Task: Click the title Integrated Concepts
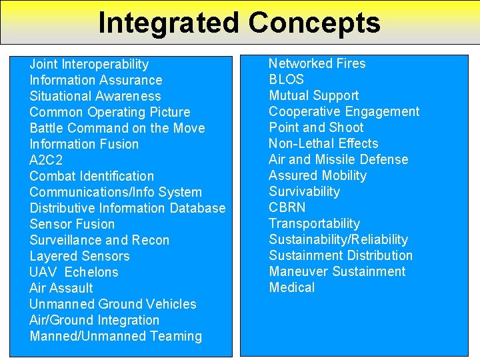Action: pos(239,22)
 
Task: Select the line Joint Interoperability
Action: pos(89,64)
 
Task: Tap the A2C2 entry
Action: pos(46,160)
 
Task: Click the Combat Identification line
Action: pos(91,176)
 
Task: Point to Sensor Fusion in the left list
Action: pos(72,224)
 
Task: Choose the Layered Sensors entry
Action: pos(79,256)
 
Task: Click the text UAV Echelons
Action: pos(73,272)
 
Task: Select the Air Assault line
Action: pos(61,288)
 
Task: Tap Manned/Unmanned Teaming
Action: pos(115,336)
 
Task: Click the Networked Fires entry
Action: pos(317,63)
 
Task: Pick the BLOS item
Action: pos(286,79)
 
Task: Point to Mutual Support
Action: pos(313,95)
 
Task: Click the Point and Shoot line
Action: pos(316,127)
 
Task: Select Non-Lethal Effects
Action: pos(323,143)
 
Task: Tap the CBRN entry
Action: pos(287,207)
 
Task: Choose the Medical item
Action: pos(291,287)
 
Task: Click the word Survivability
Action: pos(304,191)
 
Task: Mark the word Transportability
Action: pos(314,223)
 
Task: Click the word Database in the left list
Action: pos(197,208)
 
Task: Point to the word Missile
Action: pos(338,159)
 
